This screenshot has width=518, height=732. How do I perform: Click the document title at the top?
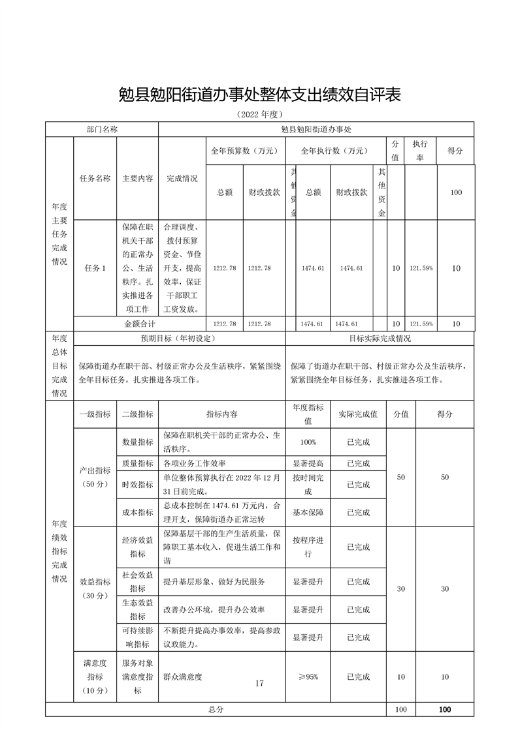click(x=259, y=95)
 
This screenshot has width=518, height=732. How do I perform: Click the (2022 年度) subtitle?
click(x=259, y=115)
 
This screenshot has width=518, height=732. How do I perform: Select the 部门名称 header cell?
click(x=102, y=129)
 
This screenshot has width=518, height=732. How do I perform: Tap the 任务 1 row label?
click(x=95, y=268)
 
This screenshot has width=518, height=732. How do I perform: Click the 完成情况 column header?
click(x=182, y=178)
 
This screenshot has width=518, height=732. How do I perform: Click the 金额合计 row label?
click(x=140, y=323)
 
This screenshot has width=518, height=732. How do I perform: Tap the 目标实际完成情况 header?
click(x=380, y=339)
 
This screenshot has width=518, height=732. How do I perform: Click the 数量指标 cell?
click(x=137, y=442)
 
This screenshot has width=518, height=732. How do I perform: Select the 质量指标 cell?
click(x=137, y=463)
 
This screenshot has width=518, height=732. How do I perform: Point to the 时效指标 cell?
click(x=137, y=485)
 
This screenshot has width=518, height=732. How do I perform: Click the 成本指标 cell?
click(x=137, y=512)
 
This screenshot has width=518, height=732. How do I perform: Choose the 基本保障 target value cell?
click(x=308, y=512)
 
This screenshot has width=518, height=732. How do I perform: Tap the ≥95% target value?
click(x=308, y=677)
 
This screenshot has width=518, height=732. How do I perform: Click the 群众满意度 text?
click(x=183, y=677)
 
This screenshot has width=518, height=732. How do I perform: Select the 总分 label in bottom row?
click(x=216, y=709)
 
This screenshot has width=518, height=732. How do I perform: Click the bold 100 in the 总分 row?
click(x=445, y=709)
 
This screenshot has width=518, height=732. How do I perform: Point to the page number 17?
click(x=259, y=683)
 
